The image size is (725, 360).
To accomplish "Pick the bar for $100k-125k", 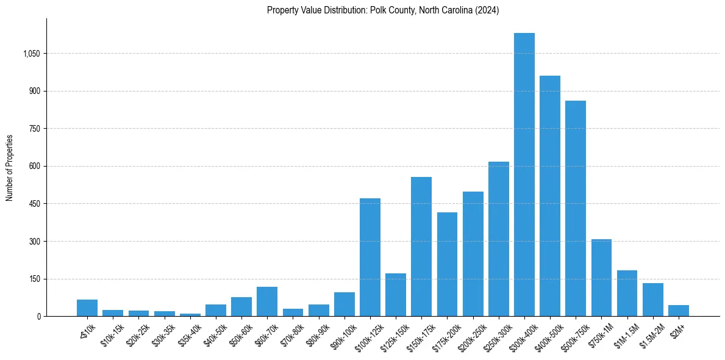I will click(x=370, y=257).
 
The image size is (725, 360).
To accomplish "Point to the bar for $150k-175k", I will click(x=421, y=247).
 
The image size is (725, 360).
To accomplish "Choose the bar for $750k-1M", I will click(x=601, y=278).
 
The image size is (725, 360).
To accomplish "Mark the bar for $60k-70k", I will click(x=267, y=301).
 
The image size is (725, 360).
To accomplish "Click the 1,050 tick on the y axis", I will click(x=31, y=54).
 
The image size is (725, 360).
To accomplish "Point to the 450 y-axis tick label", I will click(x=34, y=204).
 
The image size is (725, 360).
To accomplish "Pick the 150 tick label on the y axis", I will click(x=34, y=279).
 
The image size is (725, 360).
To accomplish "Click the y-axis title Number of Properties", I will click(x=10, y=167).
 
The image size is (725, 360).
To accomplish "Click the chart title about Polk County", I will click(x=383, y=10).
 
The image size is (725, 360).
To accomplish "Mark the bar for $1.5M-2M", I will click(x=653, y=300).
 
